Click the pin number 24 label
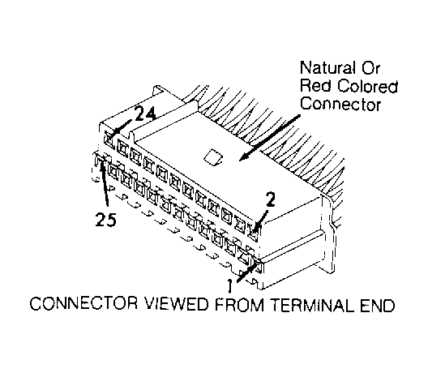tap(145, 114)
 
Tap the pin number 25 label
tap(105, 219)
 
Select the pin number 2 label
tap(270, 200)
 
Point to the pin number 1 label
tap(230, 286)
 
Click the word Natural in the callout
tap(327, 67)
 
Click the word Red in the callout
tap(316, 86)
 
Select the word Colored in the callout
tap(367, 86)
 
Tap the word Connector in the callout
tap(340, 104)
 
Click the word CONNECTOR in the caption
tap(84, 304)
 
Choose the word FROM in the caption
tap(239, 304)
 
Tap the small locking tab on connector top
tap(213, 157)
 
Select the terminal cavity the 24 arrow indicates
tap(109, 139)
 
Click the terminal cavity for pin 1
tap(259, 265)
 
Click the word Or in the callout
tap(370, 67)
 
